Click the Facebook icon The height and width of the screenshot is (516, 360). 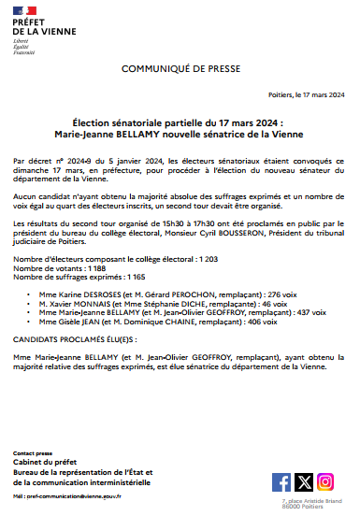coord(281,481)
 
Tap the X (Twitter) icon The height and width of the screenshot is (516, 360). coord(304,481)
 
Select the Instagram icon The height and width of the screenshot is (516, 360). coord(325,481)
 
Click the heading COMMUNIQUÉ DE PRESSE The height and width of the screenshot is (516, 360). coord(180,69)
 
